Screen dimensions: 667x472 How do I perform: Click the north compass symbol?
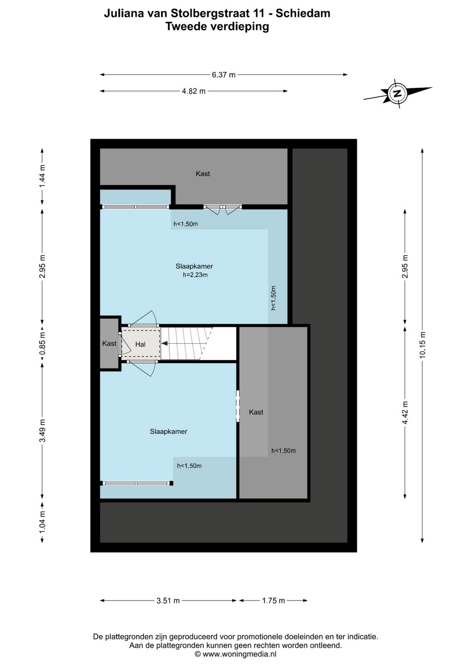(397, 93)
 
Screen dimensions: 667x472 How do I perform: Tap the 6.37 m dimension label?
(223, 75)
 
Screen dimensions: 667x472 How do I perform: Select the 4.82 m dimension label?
(194, 91)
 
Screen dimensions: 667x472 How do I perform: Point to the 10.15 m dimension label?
(422, 345)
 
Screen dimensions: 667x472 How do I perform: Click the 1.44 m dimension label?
(42, 176)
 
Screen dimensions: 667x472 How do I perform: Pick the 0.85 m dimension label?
(42, 343)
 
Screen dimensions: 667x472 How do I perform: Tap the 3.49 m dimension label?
(42, 430)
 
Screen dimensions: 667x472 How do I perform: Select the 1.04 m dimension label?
(42, 522)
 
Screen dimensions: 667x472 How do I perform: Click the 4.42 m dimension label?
(405, 413)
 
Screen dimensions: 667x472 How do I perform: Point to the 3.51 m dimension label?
(168, 601)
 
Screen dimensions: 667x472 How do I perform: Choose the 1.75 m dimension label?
(273, 601)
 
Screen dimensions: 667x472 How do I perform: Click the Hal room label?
(140, 344)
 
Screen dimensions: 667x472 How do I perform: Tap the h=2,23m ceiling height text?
(195, 275)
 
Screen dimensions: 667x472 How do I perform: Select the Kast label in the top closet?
(203, 173)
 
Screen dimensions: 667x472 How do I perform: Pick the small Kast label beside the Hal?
(109, 343)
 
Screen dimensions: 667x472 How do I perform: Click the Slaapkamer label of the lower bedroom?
(168, 431)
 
